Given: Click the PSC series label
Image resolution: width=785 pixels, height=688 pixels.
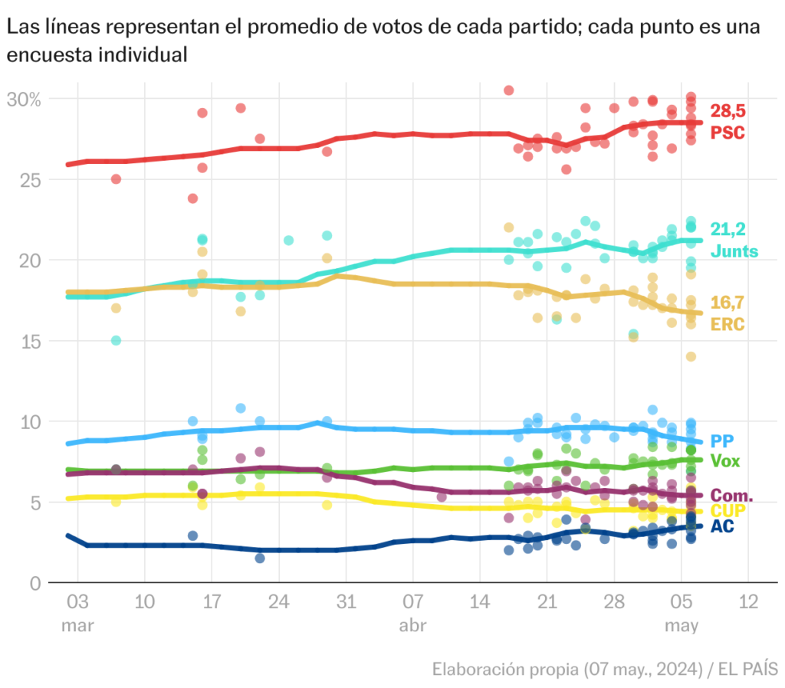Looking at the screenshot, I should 728,133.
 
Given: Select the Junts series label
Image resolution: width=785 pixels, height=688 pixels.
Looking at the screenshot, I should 734,251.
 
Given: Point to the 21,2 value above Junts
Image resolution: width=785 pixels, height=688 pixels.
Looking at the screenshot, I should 728,229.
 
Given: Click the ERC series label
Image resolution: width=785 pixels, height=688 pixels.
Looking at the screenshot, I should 728,324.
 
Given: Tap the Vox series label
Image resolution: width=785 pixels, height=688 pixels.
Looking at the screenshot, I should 726,461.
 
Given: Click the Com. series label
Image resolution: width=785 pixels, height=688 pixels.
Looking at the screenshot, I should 732,496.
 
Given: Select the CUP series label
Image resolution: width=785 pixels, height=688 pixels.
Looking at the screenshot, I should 728,511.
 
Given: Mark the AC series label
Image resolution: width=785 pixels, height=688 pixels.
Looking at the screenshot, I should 722,526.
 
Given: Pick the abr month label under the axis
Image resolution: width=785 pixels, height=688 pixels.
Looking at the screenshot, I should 412,626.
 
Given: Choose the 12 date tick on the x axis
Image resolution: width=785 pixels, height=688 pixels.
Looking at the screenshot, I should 747,601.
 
